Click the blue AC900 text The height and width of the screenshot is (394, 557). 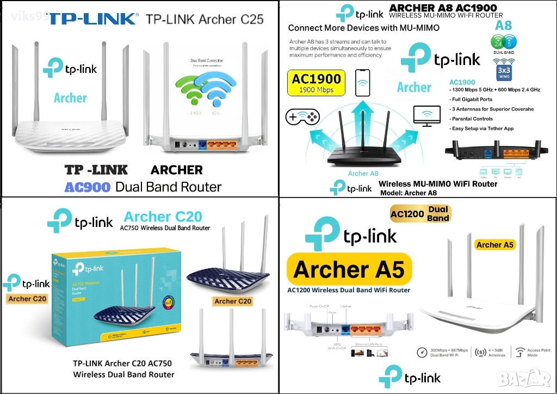87,187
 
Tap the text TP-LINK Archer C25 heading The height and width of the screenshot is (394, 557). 205,19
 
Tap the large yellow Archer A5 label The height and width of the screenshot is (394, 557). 349,269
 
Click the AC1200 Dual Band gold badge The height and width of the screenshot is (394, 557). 420,214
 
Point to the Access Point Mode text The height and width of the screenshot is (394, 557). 539,352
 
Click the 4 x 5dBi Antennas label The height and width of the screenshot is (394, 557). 492,352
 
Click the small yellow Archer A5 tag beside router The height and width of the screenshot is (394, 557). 494,245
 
